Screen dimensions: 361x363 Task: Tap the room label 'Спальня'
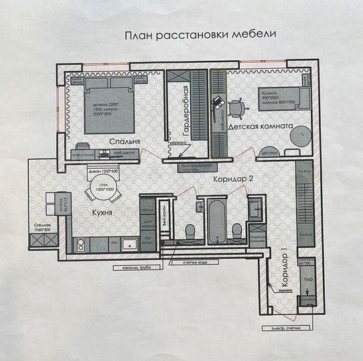125,142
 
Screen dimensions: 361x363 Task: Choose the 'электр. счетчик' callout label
290,328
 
